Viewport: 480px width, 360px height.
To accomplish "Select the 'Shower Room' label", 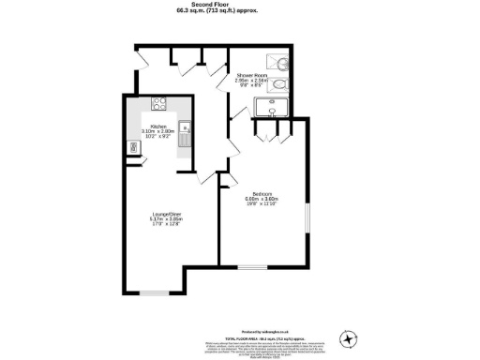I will point(251,74).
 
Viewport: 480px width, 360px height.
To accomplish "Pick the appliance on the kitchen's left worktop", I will point(132,146).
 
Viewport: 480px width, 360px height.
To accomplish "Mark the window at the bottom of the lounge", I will point(153,293).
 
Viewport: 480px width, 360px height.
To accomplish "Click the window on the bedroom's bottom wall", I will point(251,268).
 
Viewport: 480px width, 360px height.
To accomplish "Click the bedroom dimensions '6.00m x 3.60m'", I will point(262,200).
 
